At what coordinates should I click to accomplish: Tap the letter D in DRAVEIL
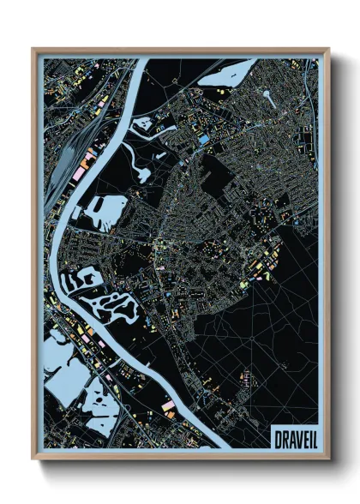click(277, 440)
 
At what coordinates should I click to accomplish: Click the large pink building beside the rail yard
click(88, 159)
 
